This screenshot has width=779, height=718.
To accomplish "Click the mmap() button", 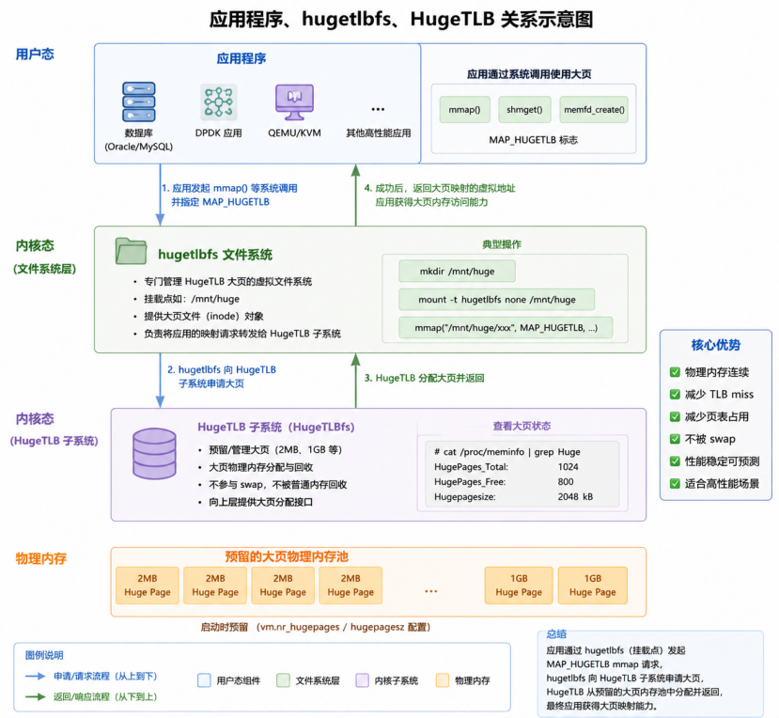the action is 464,109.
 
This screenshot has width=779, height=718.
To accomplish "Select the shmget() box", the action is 524,109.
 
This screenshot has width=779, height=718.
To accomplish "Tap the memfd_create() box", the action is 594,109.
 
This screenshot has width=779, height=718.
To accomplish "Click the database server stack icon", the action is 139,101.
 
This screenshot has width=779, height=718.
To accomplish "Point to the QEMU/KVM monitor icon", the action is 295,101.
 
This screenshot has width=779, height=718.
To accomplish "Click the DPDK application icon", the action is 219,101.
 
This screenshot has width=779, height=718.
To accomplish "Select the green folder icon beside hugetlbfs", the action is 131,251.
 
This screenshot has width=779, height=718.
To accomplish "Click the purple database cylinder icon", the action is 154,454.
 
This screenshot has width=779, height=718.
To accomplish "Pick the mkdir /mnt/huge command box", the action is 457,272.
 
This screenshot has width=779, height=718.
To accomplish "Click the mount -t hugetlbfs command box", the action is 497,300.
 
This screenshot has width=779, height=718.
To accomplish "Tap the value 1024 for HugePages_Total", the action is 568,467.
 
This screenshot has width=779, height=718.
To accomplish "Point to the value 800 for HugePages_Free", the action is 566,482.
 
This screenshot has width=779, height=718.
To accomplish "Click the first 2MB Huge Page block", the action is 147,585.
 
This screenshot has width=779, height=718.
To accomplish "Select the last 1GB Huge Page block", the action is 593,585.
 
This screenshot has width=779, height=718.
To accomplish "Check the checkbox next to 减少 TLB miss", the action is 675,395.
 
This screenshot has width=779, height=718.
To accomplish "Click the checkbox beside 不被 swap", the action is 675,439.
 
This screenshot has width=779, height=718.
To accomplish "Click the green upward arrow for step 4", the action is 356,195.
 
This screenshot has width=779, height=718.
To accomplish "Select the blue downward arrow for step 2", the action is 160,380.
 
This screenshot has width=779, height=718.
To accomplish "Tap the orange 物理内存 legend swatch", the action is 443,680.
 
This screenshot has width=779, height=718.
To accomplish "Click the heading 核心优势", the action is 716,345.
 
